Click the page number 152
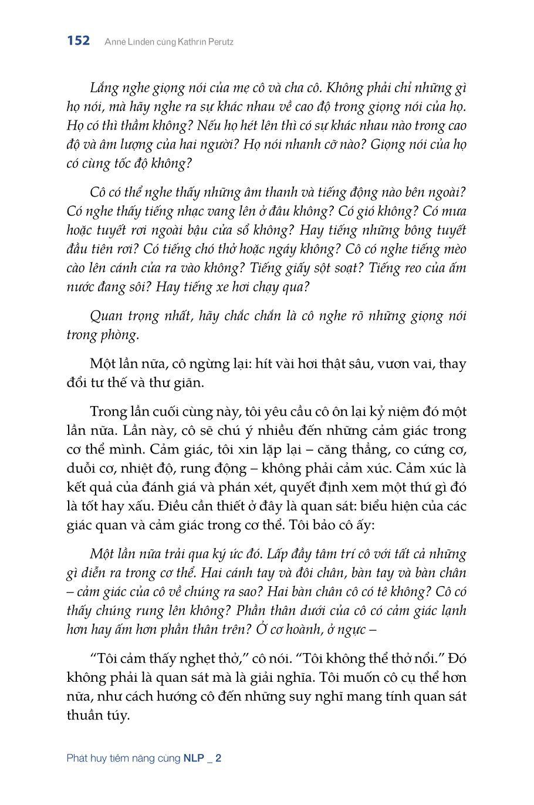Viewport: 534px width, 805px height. (x=78, y=40)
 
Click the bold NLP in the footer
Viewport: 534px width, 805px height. (x=194, y=758)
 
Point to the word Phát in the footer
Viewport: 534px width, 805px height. (x=77, y=758)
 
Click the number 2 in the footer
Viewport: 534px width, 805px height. (x=218, y=758)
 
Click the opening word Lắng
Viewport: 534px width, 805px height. (x=103, y=89)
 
